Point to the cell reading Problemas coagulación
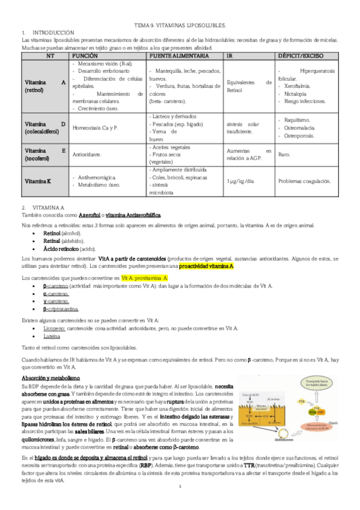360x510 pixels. point(305,180)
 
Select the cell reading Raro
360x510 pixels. point(284,155)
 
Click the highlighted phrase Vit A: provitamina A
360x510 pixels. point(145,278)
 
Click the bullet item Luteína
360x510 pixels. point(52,336)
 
